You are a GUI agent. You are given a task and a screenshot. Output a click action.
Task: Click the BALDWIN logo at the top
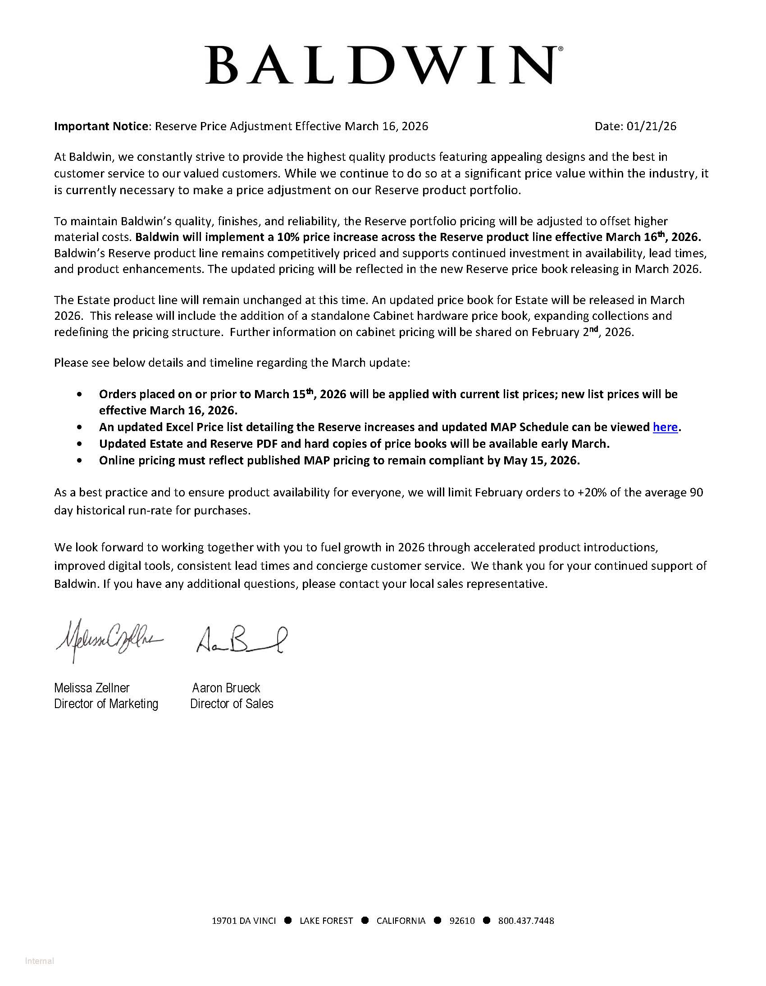384,65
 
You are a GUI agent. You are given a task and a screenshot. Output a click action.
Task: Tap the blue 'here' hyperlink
665,427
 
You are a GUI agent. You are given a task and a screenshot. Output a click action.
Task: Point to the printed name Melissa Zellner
91,687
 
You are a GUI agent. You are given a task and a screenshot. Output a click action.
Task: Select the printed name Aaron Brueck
226,687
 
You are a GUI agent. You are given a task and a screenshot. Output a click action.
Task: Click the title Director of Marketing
106,704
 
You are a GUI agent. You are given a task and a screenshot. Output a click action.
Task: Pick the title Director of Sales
232,704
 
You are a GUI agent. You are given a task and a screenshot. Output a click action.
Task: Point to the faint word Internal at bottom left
40,961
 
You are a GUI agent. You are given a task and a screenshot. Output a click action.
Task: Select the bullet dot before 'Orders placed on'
80,395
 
